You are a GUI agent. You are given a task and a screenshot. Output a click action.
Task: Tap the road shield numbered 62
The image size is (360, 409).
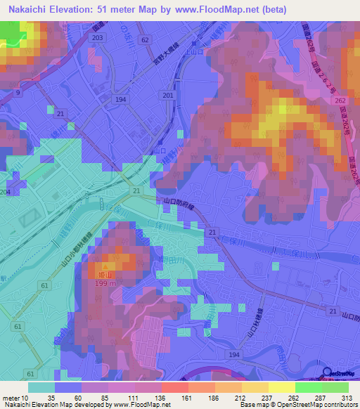tap(145, 40)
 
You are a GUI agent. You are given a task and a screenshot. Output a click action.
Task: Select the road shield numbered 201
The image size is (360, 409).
tap(167, 95)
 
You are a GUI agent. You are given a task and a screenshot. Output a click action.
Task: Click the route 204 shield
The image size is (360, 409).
tap(5, 192)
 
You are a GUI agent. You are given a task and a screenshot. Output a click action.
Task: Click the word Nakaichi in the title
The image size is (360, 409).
tap(30, 9)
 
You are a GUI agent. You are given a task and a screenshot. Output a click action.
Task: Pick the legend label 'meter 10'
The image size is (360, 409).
tap(12, 397)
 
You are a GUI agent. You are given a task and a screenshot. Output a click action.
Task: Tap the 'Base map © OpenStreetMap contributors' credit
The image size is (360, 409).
tap(299, 405)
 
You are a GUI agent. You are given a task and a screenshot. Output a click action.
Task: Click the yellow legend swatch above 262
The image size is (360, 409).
tap(282, 387)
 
